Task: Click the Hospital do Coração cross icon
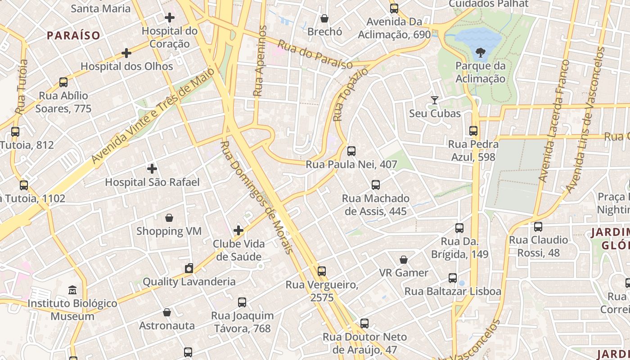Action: click(170, 18)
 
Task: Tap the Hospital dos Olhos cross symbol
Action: click(126, 53)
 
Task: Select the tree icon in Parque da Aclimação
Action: click(480, 53)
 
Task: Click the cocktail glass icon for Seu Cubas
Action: click(435, 100)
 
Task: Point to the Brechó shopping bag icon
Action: click(324, 18)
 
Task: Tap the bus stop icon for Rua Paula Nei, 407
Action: click(351, 151)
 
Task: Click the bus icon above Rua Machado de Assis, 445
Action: click(376, 185)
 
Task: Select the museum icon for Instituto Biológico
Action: click(72, 290)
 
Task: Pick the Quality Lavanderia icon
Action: click(189, 269)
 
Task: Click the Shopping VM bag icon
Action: click(169, 218)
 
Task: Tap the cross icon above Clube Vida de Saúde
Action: click(238, 231)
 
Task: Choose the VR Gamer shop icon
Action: click(404, 260)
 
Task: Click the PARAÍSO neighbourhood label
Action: click(73, 35)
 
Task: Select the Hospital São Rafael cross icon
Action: click(152, 169)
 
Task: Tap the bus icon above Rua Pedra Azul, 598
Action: click(473, 131)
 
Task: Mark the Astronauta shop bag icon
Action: click(167, 312)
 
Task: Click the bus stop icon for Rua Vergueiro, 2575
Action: click(322, 271)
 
